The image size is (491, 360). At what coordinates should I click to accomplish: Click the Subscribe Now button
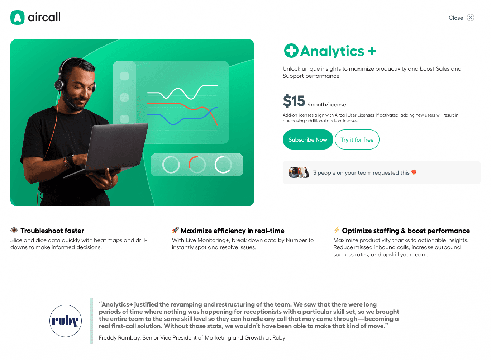pyautogui.click(x=308, y=139)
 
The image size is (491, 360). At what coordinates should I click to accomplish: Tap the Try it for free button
pyautogui.click(x=357, y=139)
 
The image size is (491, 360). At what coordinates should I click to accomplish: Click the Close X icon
pyautogui.click(x=471, y=18)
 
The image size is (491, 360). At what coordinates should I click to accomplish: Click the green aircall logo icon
pyautogui.click(x=18, y=18)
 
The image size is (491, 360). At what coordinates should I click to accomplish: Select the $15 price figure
pyautogui.click(x=294, y=101)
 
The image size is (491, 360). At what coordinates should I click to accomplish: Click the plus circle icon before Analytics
pyautogui.click(x=291, y=51)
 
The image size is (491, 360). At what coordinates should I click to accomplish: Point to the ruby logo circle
pyautogui.click(x=66, y=321)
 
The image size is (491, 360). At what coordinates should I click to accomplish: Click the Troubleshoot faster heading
pyautogui.click(x=52, y=231)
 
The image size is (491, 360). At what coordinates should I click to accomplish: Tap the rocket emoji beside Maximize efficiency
pyautogui.click(x=175, y=230)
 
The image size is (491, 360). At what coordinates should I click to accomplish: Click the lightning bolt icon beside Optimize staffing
pyautogui.click(x=337, y=230)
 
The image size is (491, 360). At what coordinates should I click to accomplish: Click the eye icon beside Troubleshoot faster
pyautogui.click(x=14, y=230)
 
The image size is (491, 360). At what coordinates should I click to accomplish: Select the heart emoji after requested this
pyautogui.click(x=414, y=172)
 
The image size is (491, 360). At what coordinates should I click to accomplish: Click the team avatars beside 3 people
pyautogui.click(x=299, y=172)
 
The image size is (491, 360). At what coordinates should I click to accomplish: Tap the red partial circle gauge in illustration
pyautogui.click(x=197, y=165)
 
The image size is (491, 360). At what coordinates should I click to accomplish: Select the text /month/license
pyautogui.click(x=326, y=105)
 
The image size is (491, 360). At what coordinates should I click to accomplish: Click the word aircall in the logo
pyautogui.click(x=44, y=17)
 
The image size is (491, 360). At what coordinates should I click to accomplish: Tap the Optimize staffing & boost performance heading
pyautogui.click(x=406, y=231)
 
